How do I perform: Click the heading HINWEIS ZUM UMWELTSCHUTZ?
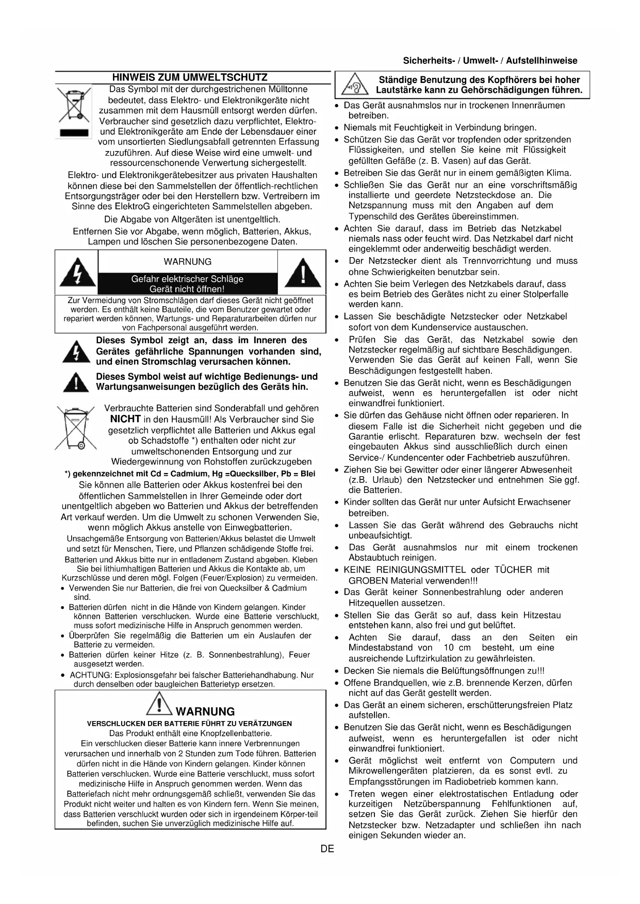pyautogui.click(x=190, y=78)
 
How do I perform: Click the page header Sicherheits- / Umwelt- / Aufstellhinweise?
pyautogui.click(x=490, y=61)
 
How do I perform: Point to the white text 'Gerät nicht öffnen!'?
pyautogui.click(x=187, y=289)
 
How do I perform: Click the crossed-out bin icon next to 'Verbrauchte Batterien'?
pyautogui.click(x=75, y=428)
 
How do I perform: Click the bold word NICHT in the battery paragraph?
pyautogui.click(x=125, y=419)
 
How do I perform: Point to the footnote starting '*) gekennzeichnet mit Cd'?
pyautogui.click(x=190, y=474)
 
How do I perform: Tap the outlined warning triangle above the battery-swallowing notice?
pyautogui.click(x=159, y=704)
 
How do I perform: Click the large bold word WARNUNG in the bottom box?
pyautogui.click(x=205, y=712)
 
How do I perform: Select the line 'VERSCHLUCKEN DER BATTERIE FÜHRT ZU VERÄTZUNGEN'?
pyautogui.click(x=189, y=724)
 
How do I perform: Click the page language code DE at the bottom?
pyautogui.click(x=327, y=849)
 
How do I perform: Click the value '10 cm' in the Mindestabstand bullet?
pyautogui.click(x=457, y=648)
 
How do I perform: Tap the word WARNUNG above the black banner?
pyautogui.click(x=187, y=262)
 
